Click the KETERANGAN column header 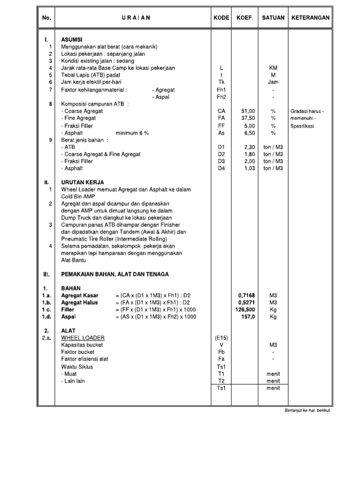coord(311,18)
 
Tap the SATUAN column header coord(273,18)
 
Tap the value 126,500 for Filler coord(245,309)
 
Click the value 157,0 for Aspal coord(248,317)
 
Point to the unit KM coord(273,68)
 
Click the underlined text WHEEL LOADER coord(83,338)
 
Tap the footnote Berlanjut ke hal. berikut coord(307,411)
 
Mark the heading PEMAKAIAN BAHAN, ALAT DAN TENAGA coord(115,274)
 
